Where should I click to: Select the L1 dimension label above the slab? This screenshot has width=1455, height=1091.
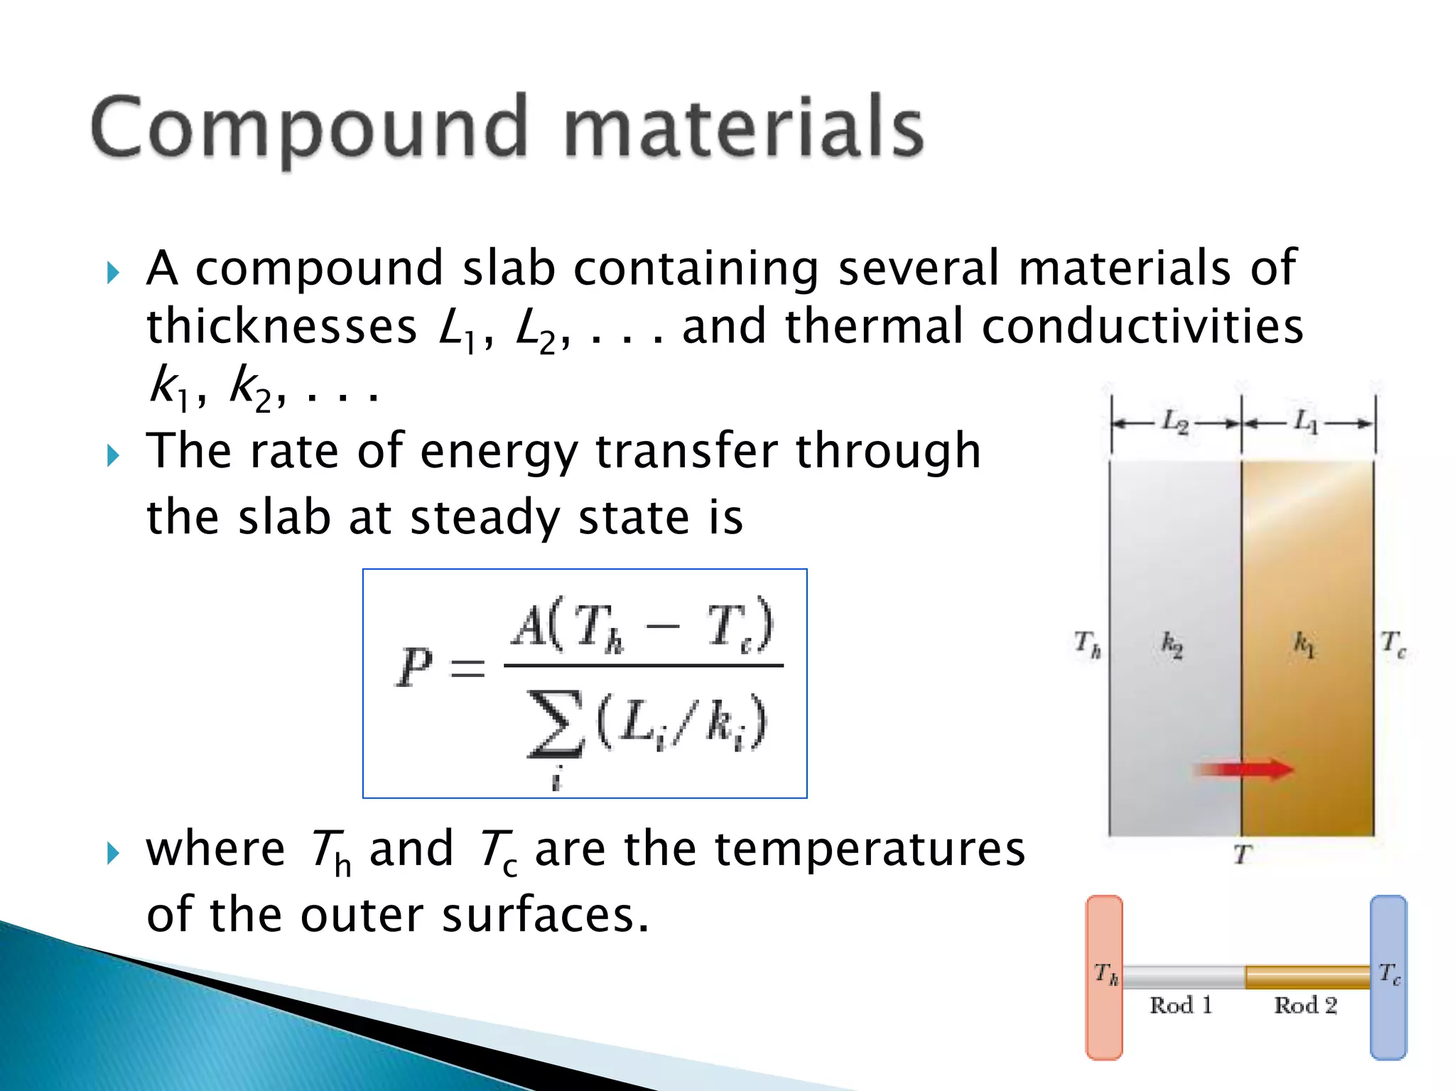(1306, 421)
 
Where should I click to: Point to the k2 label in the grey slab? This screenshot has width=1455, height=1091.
(1172, 645)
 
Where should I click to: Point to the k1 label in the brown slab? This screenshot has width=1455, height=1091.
(1304, 644)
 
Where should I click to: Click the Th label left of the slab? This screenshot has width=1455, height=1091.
(1087, 644)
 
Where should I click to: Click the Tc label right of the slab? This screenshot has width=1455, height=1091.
(1392, 644)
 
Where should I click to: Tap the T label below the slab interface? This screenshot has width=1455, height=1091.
(1242, 854)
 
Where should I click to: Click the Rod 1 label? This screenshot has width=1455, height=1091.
(1181, 1005)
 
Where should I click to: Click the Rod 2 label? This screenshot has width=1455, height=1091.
(1305, 1005)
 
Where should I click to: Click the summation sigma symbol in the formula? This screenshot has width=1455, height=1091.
(556, 724)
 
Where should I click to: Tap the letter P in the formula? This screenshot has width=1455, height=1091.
(414, 667)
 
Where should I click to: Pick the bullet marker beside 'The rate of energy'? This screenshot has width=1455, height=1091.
(113, 455)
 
